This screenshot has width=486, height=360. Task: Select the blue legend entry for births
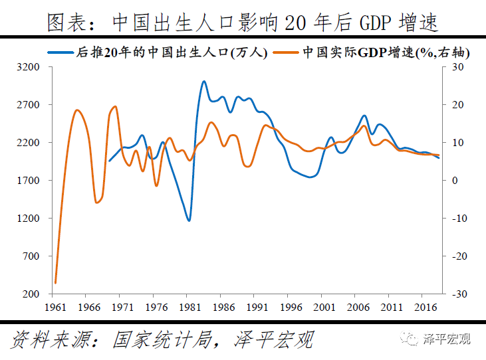pyautogui.click(x=158, y=52)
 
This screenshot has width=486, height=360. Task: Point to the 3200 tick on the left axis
pyautogui.click(x=30, y=68)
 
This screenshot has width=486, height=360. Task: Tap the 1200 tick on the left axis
pyautogui.click(x=30, y=219)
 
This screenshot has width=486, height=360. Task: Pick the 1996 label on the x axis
pyautogui.click(x=290, y=308)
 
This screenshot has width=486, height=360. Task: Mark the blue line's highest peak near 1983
pyautogui.click(x=203, y=82)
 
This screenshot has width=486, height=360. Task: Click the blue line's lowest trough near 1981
pyautogui.click(x=189, y=221)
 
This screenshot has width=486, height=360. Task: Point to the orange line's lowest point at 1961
pyautogui.click(x=55, y=283)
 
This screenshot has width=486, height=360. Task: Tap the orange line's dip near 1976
pyautogui.click(x=157, y=185)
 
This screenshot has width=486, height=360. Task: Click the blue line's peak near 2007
pyautogui.click(x=364, y=116)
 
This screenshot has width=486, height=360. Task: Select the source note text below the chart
pyautogui.click(x=163, y=340)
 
